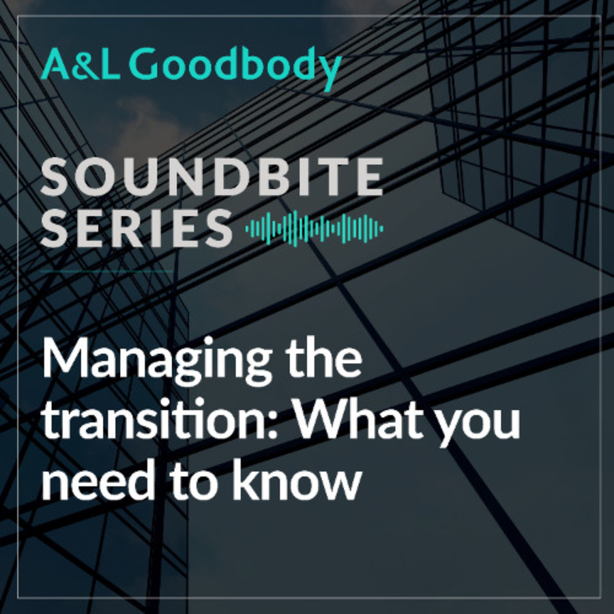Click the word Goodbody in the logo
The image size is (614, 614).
point(235,68)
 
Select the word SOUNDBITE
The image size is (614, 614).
point(211,177)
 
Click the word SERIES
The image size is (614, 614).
point(136,228)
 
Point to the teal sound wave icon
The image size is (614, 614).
point(314,229)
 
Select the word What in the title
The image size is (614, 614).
point(360,418)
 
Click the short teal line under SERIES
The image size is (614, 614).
point(106,271)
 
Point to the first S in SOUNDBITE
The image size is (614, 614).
point(55,177)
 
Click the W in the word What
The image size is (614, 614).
point(321,418)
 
